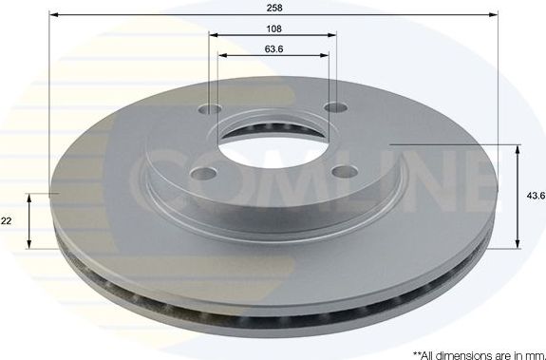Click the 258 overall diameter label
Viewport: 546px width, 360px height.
tap(273, 7)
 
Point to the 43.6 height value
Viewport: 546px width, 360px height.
tap(536, 196)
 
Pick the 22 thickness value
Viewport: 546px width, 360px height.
tap(7, 220)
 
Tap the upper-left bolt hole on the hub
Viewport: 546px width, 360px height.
tap(212, 109)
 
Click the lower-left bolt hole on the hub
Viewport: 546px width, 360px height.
tap(204, 173)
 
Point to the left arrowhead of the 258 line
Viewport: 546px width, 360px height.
tap(52, 14)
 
